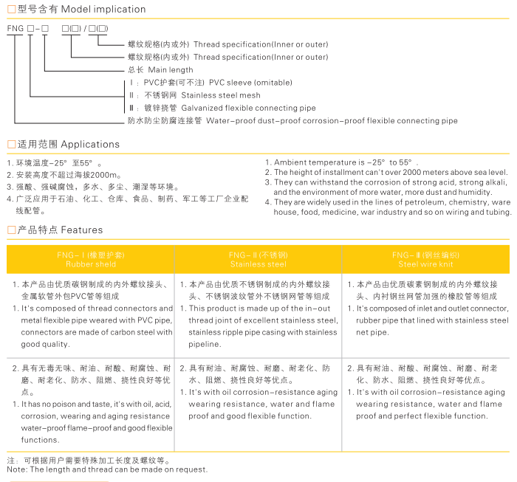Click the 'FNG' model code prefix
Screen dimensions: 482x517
(15, 29)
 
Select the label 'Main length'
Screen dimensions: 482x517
(171, 70)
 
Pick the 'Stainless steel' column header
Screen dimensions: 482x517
(258, 264)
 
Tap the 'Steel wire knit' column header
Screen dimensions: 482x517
(425, 264)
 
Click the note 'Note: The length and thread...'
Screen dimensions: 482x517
(107, 469)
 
